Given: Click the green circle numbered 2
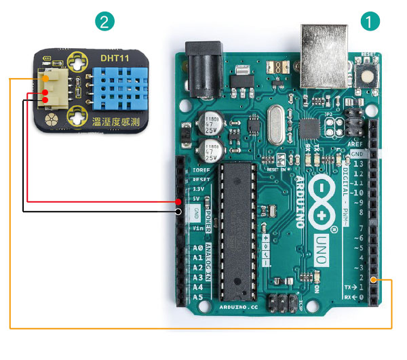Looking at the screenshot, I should (104, 21).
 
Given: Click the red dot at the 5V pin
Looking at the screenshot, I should (178, 201).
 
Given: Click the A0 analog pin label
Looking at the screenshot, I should (197, 248).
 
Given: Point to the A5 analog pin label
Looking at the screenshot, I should (197, 297).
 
